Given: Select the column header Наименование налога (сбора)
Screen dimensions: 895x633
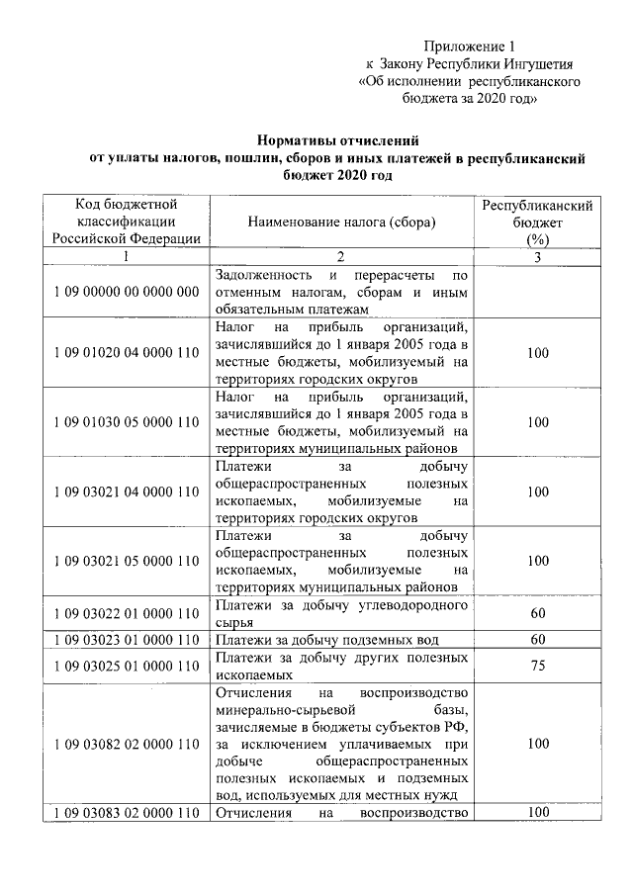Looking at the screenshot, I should (341, 223).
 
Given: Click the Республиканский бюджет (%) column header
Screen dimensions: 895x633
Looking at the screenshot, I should (537, 223).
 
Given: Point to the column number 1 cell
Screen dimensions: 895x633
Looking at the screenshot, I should (126, 257).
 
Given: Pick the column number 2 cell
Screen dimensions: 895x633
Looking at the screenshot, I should (341, 257).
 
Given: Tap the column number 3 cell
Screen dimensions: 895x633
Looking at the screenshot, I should (537, 257).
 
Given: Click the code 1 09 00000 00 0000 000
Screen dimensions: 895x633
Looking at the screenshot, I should (126, 292).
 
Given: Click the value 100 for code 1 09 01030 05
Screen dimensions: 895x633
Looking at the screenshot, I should (537, 422).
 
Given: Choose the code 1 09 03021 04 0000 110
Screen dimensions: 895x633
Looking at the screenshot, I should (126, 492).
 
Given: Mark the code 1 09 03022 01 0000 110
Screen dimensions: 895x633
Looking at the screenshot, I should (126, 613).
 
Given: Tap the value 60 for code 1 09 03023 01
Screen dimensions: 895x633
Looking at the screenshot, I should (537, 639).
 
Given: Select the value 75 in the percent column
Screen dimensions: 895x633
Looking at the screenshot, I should (537, 666).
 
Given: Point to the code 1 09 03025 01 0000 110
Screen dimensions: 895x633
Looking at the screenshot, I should (126, 666).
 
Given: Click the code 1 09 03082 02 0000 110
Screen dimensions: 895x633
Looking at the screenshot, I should (126, 743).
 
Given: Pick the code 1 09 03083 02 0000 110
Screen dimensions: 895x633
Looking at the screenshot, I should (126, 813).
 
